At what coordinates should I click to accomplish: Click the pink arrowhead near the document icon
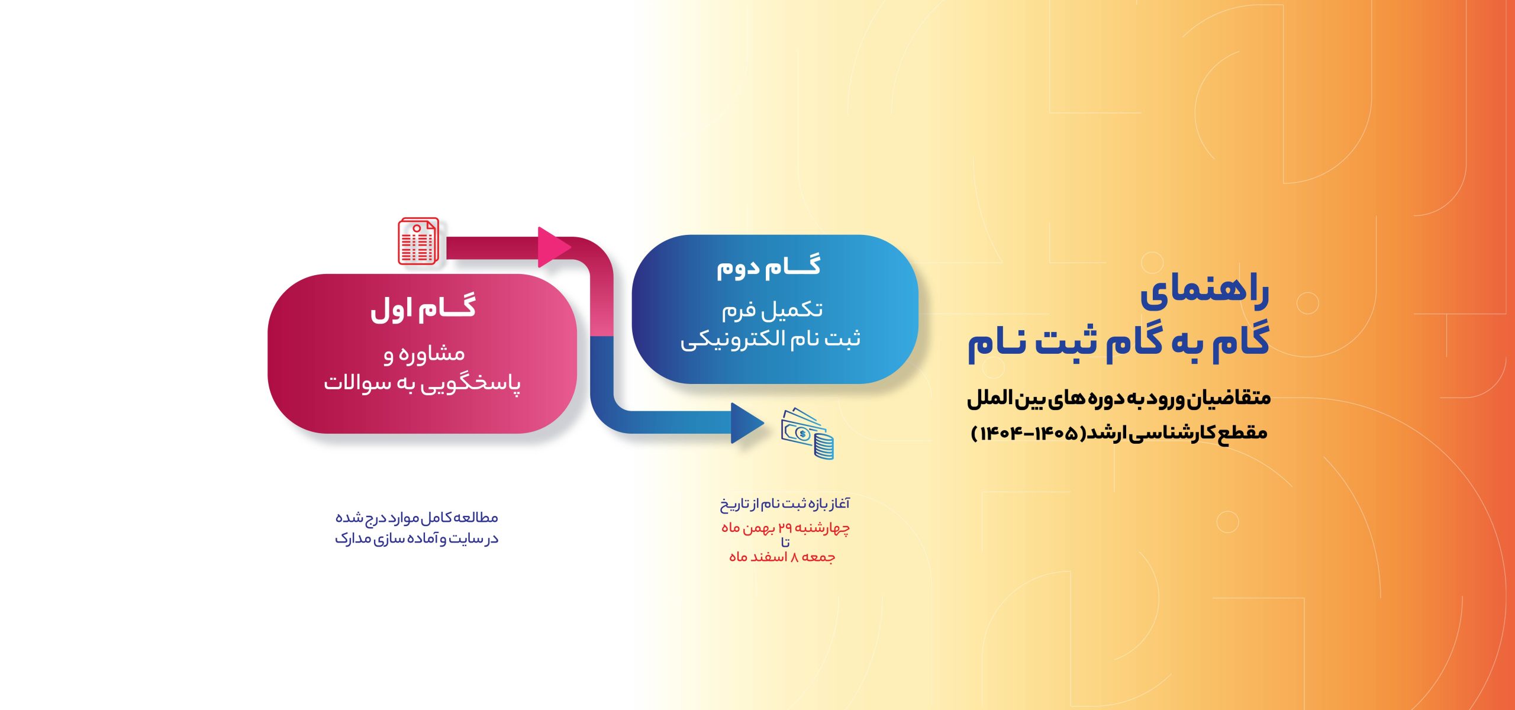click(x=554, y=247)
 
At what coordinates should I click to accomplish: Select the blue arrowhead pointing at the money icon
click(x=747, y=423)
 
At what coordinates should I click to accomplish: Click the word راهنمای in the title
click(x=1205, y=293)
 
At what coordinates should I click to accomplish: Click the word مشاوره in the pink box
click(x=431, y=354)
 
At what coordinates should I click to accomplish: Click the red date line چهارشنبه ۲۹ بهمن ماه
click(x=786, y=528)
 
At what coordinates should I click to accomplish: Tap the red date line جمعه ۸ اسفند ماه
click(x=782, y=557)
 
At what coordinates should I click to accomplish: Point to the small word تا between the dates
click(x=785, y=542)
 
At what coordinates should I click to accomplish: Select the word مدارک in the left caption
click(x=353, y=539)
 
